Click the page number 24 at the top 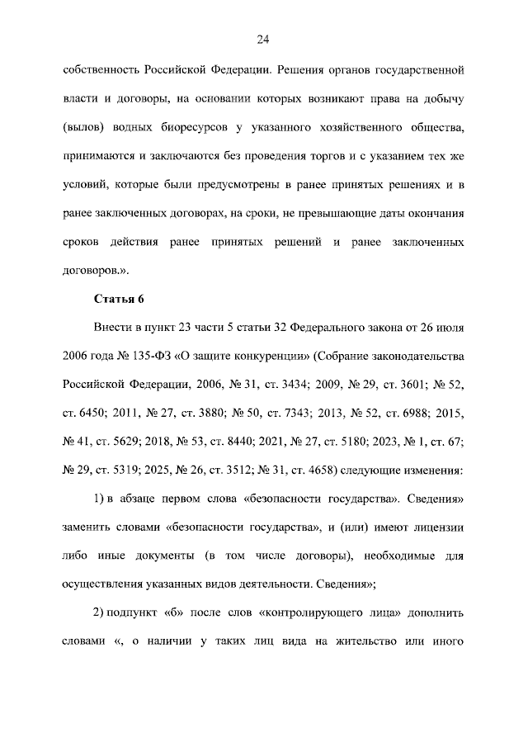tap(264, 39)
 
